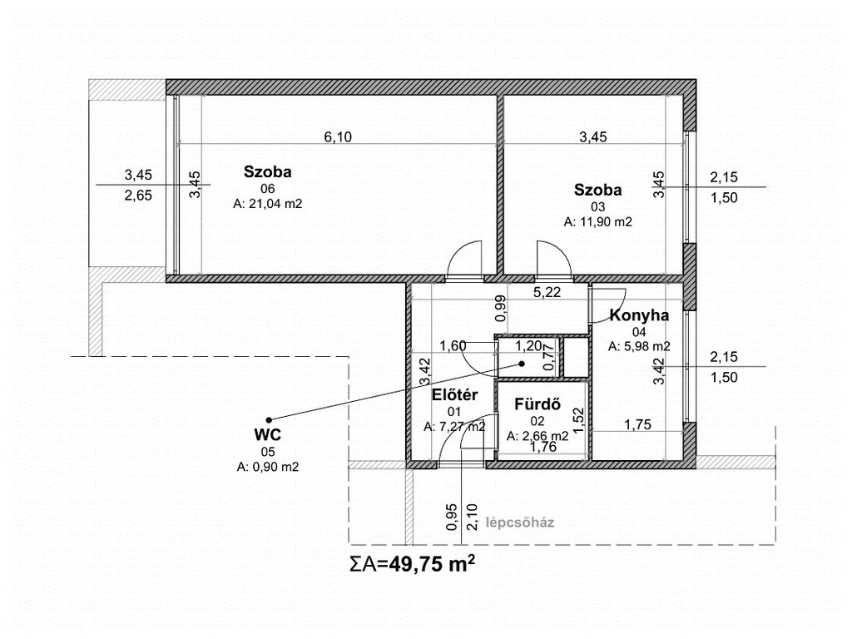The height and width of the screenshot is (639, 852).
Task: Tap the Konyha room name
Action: point(639,315)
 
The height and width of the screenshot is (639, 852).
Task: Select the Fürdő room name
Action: point(537,404)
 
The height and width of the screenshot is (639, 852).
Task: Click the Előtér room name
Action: point(455,395)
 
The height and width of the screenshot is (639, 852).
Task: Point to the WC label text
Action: point(268,434)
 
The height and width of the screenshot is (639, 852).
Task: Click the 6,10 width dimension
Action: point(338,136)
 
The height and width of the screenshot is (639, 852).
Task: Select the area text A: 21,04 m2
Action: point(267,204)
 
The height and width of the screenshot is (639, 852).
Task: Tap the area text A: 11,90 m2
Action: point(597,221)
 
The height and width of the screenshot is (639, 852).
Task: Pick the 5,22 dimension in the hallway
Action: point(547,292)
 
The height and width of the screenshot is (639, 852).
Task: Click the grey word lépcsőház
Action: point(520,523)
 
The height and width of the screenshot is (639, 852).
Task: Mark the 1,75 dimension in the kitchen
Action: point(637,424)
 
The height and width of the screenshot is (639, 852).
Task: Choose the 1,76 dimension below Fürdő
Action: point(543,447)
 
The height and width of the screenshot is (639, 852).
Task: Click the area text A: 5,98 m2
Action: point(639,346)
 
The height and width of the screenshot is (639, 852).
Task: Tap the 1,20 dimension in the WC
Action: point(528,345)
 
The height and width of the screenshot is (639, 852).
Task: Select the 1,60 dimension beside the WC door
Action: point(453,345)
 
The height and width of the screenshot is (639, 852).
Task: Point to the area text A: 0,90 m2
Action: point(268,466)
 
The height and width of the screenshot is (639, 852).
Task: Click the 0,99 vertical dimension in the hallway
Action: point(501,308)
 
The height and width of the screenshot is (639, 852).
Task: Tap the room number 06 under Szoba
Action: point(267,189)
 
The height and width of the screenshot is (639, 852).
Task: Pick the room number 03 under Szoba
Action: point(597,206)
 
